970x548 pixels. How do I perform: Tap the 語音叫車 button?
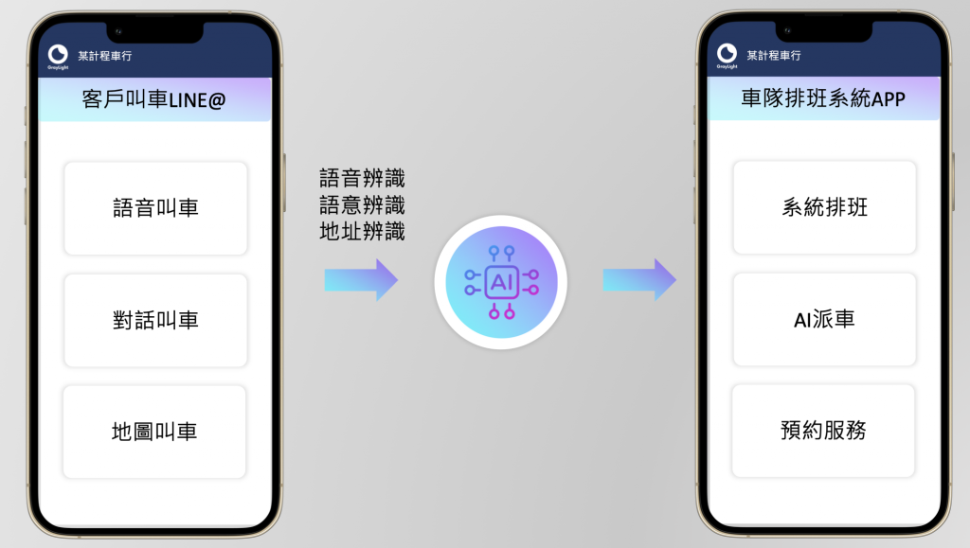coord(155,208)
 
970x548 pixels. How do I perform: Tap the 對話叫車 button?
coord(155,320)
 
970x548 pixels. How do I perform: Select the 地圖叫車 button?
coord(154,432)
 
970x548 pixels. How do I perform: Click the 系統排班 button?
coord(824,207)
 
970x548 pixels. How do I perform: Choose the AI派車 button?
coord(824,319)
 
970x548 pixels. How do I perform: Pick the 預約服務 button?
coord(823,431)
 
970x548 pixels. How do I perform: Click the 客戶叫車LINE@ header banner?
coord(154,99)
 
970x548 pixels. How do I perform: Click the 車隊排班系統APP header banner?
coord(824,98)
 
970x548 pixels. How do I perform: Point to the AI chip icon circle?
coord(500,282)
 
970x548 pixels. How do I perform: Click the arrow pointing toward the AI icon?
coord(361,280)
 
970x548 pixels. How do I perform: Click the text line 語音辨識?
coord(362,178)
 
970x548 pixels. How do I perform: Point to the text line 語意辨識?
coord(362,204)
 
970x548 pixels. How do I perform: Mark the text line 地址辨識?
coord(362,230)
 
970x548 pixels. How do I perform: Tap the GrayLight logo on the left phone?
coord(58,55)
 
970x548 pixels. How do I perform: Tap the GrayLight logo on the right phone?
coord(727,55)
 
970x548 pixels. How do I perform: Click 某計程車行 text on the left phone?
coord(104,56)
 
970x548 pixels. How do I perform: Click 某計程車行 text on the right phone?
coord(773,56)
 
